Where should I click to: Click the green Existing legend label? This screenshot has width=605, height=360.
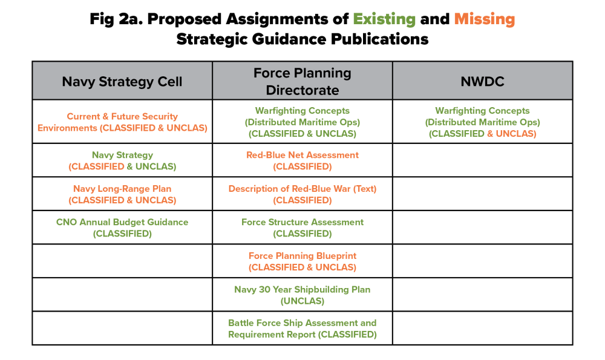tap(384, 19)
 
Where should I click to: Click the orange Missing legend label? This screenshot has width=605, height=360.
tap(484, 19)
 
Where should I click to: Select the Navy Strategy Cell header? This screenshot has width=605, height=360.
tap(122, 81)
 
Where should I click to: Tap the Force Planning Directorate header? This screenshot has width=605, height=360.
tap(302, 81)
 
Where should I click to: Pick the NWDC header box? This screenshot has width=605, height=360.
tap(482, 81)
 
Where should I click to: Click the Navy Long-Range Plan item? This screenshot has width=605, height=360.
tap(122, 189)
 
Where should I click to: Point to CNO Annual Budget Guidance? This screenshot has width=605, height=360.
tap(122, 222)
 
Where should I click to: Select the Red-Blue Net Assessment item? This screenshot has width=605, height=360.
tap(302, 155)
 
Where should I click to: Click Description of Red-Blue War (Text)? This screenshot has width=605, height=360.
tap(302, 189)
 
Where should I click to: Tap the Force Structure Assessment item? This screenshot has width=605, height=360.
tap(302, 222)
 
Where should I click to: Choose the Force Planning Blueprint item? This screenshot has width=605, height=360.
tap(302, 255)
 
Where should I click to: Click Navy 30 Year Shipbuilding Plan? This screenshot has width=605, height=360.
tap(302, 289)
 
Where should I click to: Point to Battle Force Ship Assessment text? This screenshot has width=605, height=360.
tap(302, 323)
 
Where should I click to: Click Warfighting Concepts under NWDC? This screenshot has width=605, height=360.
tap(482, 111)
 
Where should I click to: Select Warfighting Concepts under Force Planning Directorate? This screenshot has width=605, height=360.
tap(302, 111)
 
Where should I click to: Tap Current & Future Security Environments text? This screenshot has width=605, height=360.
tap(122, 116)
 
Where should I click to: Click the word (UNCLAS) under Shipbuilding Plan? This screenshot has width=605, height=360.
tap(302, 301)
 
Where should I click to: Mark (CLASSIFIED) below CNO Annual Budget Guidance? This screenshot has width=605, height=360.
tap(122, 234)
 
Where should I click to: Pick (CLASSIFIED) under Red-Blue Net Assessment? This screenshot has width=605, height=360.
tap(302, 166)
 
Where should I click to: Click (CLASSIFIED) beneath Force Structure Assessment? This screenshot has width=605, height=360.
tap(302, 234)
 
